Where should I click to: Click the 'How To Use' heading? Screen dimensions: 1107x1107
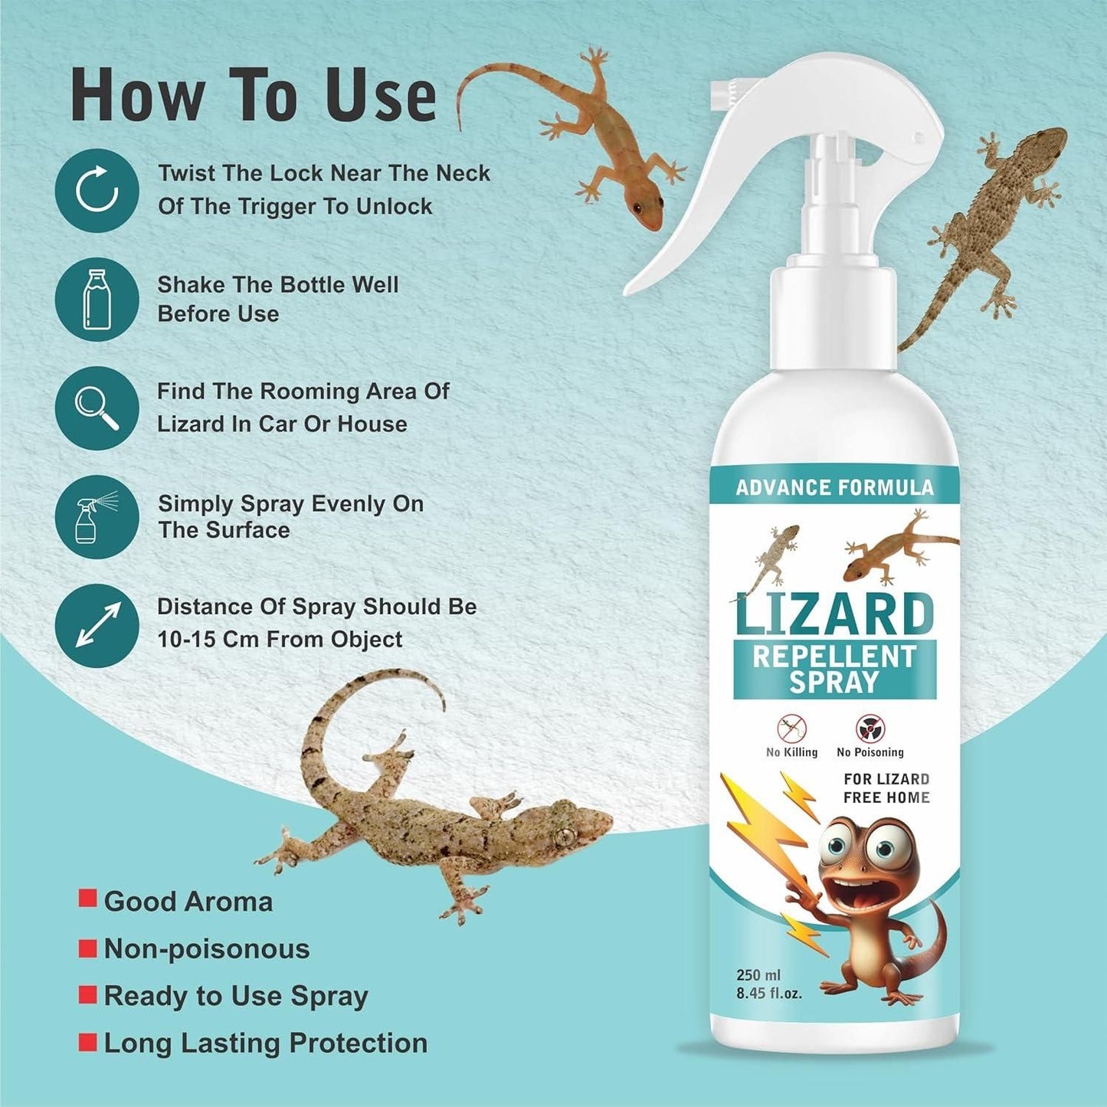(253, 95)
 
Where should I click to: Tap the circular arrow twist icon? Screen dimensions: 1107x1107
(97, 190)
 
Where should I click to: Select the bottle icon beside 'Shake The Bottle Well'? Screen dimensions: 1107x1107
(97, 299)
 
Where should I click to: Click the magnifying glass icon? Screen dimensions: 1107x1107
(97, 408)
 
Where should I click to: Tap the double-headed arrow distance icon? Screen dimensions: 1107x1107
(97, 625)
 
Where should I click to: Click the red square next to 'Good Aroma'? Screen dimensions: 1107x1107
(88, 899)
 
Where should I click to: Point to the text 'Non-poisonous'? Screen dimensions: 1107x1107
(207, 949)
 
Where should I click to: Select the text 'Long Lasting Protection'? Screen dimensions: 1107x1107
(265, 1043)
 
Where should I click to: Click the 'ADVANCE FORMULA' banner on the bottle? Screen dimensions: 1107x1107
(834, 487)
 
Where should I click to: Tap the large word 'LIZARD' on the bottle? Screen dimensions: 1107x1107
(834, 614)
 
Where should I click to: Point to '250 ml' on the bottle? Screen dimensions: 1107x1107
(758, 975)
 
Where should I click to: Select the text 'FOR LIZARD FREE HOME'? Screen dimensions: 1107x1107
(886, 788)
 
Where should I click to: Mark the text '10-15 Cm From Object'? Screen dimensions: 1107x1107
(280, 640)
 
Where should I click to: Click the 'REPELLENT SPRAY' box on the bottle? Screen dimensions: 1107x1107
(834, 670)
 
